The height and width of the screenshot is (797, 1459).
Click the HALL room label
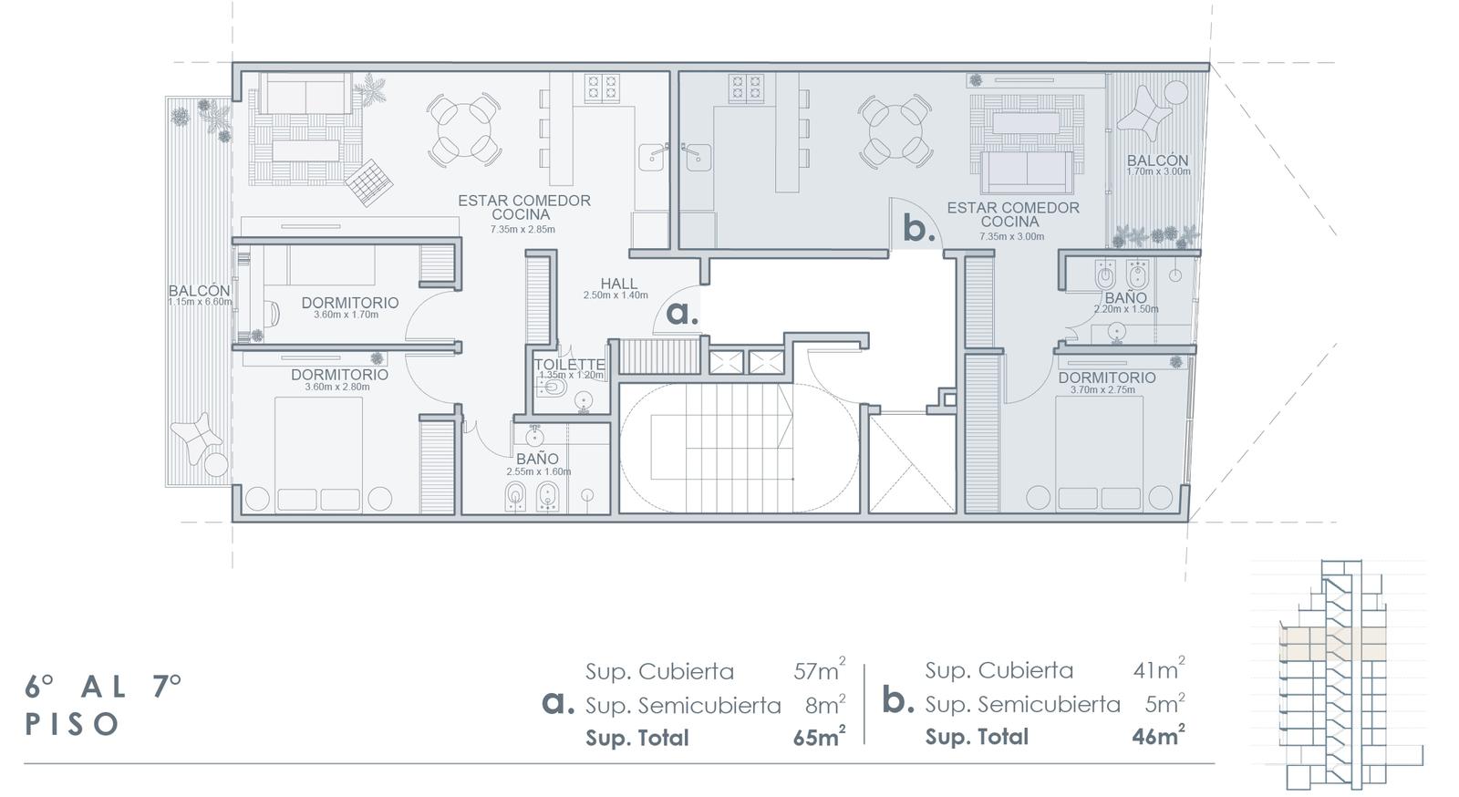[x=619, y=284]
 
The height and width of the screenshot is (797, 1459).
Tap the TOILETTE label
[x=570, y=365]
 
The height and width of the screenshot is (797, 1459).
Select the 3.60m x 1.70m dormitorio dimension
[x=346, y=315]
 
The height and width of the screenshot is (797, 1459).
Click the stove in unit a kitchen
[x=601, y=88]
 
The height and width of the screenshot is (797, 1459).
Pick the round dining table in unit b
[x=895, y=131]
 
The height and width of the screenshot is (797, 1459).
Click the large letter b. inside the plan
[x=919, y=230]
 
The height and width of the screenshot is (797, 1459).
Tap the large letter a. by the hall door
[x=682, y=314]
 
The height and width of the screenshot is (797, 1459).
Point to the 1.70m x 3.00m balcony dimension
[x=1158, y=172]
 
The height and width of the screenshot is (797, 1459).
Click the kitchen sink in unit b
[x=697, y=156]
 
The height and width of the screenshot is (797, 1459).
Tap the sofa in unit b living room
[x=1027, y=172]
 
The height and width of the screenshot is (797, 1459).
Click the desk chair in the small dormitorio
[x=273, y=313]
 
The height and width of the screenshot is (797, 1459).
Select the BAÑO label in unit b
[x=1125, y=298]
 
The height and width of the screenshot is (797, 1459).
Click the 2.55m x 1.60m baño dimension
[x=539, y=471]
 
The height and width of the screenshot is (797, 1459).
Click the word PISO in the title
[x=72, y=724]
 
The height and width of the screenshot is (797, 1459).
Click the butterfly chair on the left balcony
[x=195, y=437]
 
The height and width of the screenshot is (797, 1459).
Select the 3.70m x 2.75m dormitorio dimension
[x=1102, y=390]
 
